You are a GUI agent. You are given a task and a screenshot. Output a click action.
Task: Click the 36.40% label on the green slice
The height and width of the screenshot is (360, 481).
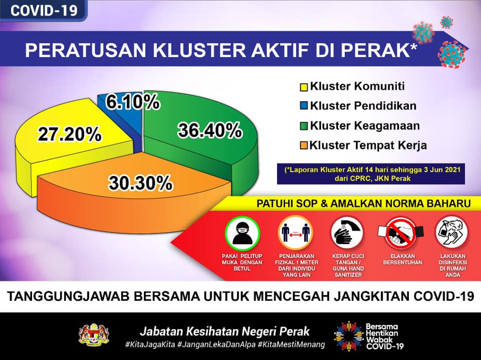(x=210, y=130)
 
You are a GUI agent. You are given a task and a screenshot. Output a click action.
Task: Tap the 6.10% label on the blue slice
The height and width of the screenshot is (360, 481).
(x=132, y=102)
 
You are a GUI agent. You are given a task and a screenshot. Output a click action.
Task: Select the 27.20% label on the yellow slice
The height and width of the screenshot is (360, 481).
(x=70, y=134)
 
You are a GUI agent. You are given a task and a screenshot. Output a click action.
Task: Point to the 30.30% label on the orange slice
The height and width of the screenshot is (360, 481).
(x=140, y=183)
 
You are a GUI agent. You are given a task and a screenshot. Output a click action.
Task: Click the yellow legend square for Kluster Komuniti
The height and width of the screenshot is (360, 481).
(x=304, y=87)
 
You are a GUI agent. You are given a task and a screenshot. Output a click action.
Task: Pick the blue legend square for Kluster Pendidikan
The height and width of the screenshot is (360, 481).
(x=304, y=106)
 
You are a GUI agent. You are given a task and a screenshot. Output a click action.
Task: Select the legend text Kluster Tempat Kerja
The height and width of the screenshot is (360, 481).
(x=368, y=145)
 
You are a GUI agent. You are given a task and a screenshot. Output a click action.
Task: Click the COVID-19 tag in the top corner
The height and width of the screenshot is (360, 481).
(x=44, y=10)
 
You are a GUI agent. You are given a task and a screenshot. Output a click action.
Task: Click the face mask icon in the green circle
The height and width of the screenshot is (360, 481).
(x=243, y=233)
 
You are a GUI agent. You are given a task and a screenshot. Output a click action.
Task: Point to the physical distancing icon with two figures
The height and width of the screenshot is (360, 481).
(x=296, y=233)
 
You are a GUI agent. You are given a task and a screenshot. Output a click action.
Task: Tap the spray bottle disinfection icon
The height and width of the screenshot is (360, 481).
(x=451, y=232)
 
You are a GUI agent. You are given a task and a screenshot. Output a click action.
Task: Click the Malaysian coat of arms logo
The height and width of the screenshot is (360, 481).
(x=94, y=334)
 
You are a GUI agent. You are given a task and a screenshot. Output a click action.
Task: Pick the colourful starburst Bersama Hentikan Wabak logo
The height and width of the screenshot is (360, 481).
(x=349, y=336)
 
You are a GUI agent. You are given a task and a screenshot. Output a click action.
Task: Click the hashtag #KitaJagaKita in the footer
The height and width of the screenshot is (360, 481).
(x=150, y=344)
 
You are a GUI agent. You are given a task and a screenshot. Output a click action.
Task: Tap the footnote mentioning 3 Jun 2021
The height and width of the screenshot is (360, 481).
(x=371, y=173)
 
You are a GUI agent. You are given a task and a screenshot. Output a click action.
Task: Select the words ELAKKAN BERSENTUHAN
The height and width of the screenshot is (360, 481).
(x=403, y=259)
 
